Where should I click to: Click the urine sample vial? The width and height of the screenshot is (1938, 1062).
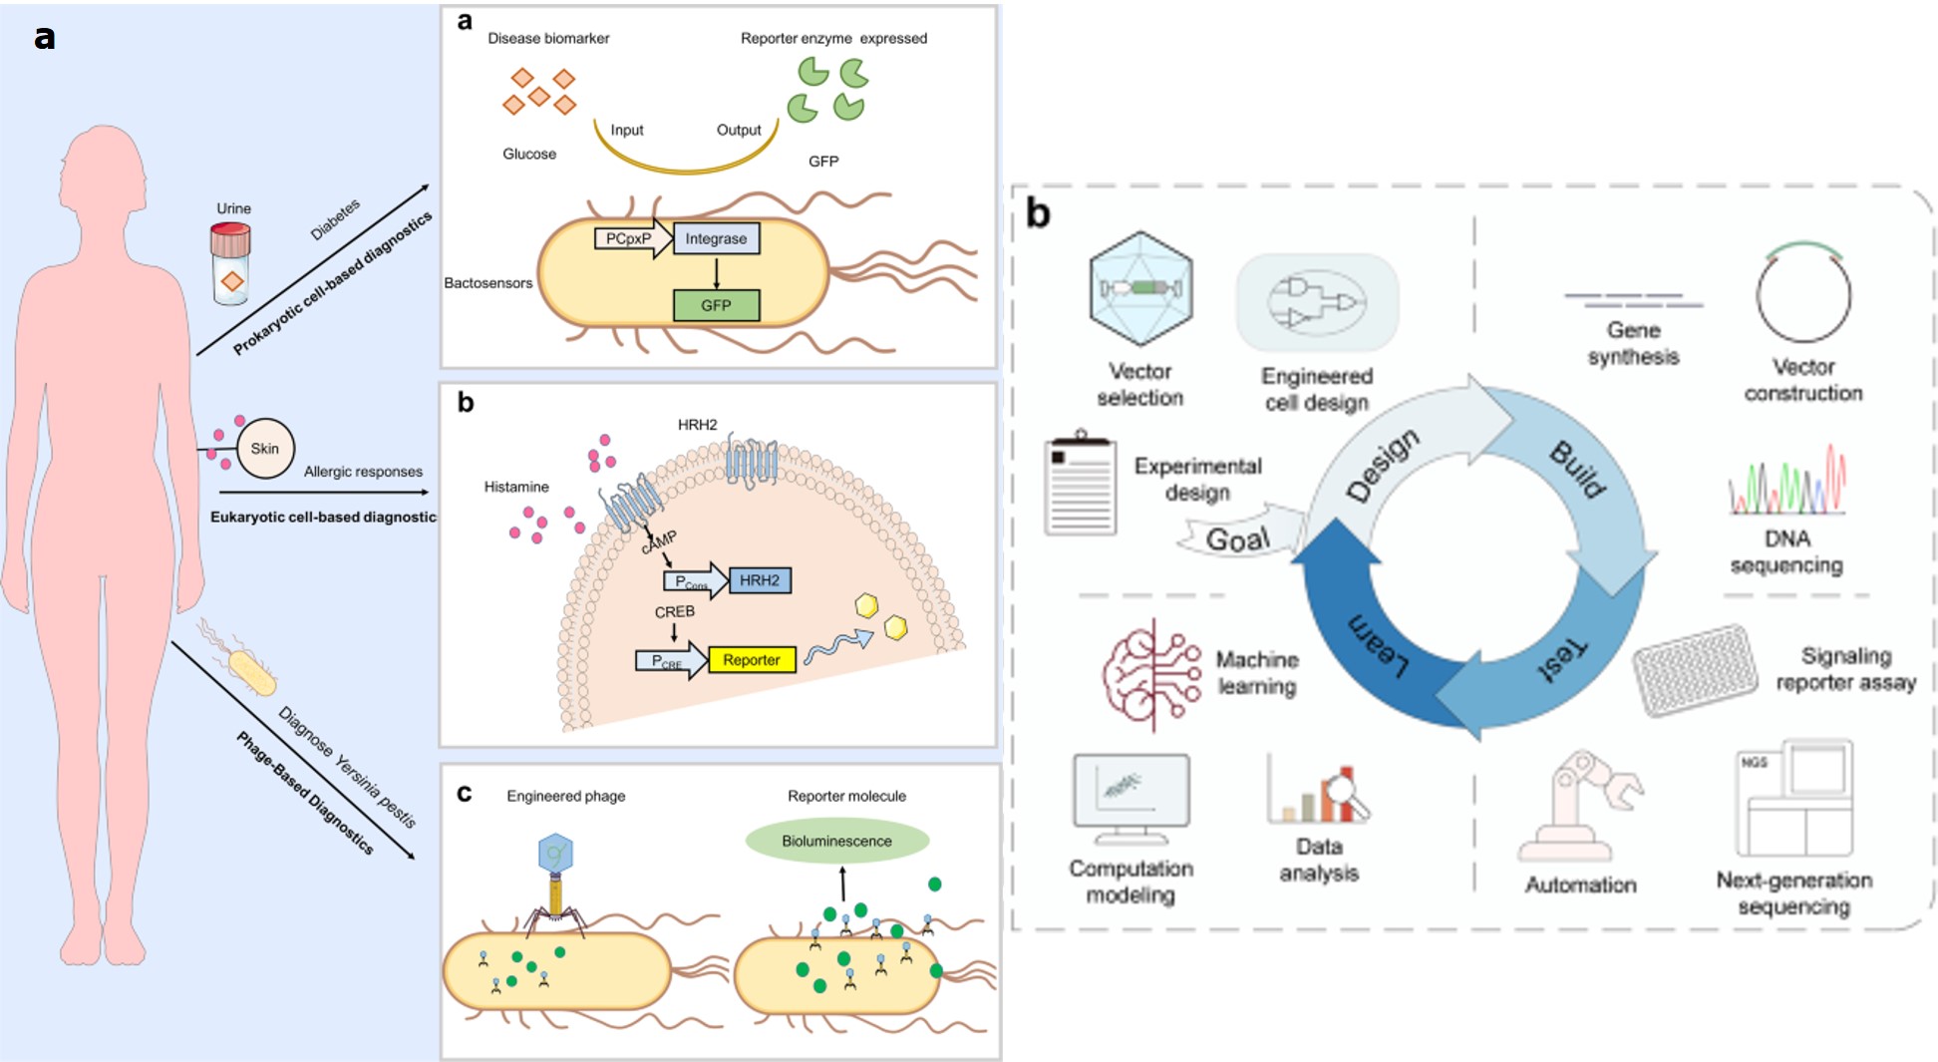point(230,263)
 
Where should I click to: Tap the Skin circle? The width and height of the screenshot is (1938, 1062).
point(265,449)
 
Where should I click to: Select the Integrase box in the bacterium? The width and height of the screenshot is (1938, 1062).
point(716,238)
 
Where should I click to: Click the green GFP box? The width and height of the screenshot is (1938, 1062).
point(716,305)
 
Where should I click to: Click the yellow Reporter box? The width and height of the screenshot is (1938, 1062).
point(752,660)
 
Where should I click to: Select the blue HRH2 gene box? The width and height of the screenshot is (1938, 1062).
point(760,580)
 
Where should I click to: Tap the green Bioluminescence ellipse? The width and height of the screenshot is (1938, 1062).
point(836,841)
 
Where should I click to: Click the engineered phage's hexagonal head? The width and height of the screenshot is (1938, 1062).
point(555,854)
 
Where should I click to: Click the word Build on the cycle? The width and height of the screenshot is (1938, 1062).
point(1578,468)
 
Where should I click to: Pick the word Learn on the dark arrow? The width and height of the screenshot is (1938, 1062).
point(1379,646)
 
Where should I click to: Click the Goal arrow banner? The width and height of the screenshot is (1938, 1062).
point(1239,538)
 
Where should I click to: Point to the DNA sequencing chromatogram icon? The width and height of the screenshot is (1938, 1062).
point(1786,482)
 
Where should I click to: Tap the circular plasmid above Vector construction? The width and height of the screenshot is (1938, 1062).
point(1803,295)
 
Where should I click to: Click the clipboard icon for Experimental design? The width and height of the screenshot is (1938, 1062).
point(1081,486)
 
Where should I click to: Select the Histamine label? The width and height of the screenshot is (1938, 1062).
point(516,487)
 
